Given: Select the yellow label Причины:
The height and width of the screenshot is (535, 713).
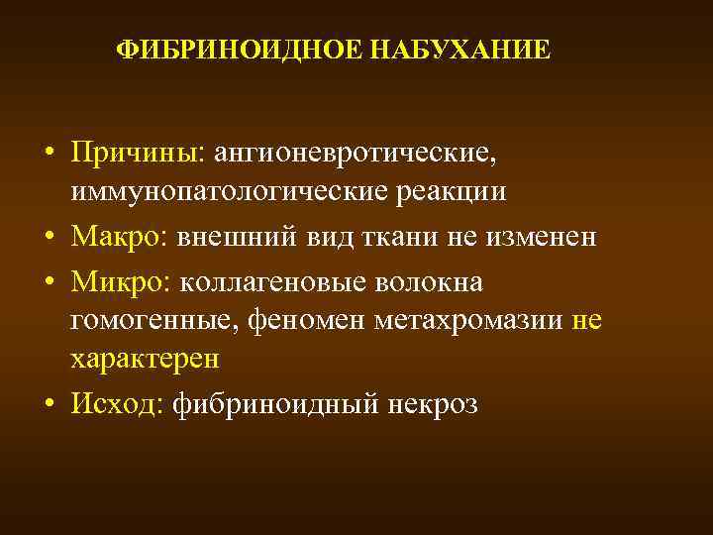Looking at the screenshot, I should [136, 153].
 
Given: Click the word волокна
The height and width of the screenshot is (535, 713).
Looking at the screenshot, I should [430, 282].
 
